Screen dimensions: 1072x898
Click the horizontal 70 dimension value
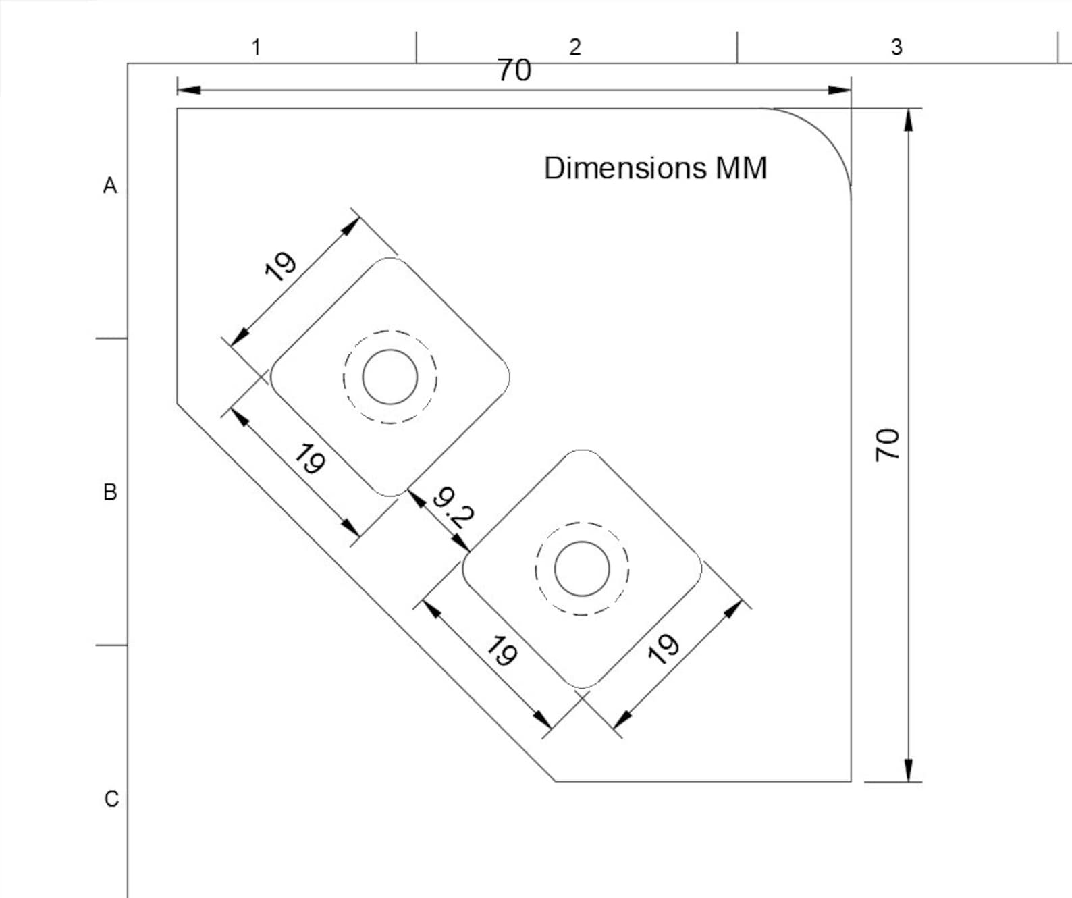tap(514, 70)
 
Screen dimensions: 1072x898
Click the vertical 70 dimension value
tap(887, 445)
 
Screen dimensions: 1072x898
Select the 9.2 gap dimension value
tap(453, 508)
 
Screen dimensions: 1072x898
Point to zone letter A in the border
tap(110, 186)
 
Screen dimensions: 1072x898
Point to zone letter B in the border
tap(110, 492)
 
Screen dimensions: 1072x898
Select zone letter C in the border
tap(111, 799)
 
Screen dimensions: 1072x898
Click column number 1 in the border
tap(257, 47)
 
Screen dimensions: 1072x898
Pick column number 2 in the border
tap(575, 47)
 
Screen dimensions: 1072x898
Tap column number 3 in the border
tap(896, 47)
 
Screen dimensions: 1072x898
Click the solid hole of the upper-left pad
tap(390, 350)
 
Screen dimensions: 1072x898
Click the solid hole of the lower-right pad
tap(582, 542)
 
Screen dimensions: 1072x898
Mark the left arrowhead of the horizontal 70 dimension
tap(188, 90)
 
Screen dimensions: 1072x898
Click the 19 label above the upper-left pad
tap(279, 267)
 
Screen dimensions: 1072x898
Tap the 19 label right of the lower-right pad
tap(664, 649)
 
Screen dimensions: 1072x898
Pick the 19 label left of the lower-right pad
tap(502, 650)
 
